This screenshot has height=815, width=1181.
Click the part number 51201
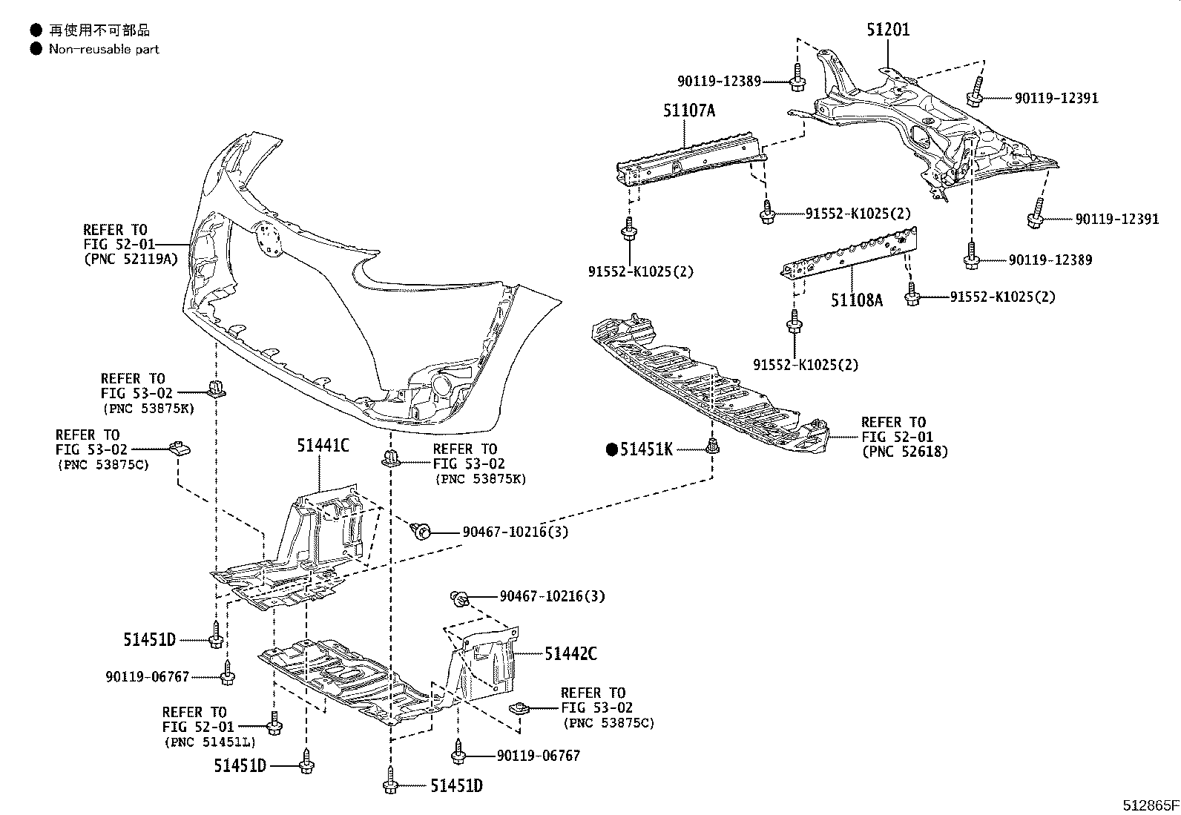[x=887, y=30]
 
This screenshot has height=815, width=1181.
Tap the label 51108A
[x=856, y=300]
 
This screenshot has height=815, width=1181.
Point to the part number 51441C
[x=323, y=446]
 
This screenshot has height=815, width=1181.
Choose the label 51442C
[x=570, y=653]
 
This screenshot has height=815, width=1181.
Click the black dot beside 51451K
[x=613, y=449]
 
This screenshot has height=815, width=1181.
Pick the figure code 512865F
[x=1150, y=805]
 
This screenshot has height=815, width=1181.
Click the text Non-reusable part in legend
[x=104, y=49]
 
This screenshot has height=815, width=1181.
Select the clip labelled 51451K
[x=713, y=446]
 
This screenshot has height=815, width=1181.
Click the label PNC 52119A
[x=130, y=259]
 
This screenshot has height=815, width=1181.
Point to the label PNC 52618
[x=904, y=451]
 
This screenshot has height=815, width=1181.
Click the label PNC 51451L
[x=209, y=741]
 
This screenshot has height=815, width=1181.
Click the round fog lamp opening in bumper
[x=443, y=386]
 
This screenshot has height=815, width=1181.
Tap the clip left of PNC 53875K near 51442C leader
[x=389, y=458]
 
